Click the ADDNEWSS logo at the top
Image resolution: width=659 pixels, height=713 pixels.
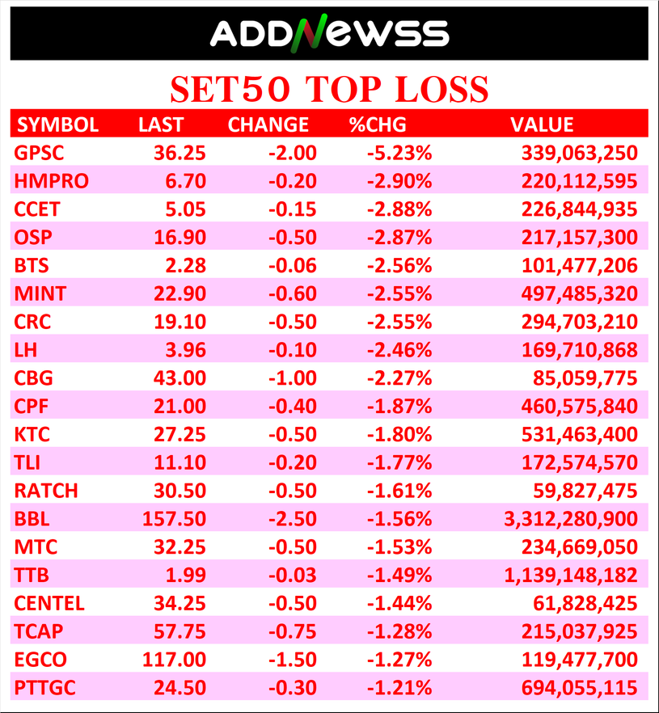click(x=329, y=33)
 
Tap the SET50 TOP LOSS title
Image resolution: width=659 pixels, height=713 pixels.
click(x=329, y=88)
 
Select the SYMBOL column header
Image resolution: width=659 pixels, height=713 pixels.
click(x=58, y=124)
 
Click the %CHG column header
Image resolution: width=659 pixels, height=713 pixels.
click(x=377, y=124)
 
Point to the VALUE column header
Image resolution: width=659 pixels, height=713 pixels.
click(x=542, y=124)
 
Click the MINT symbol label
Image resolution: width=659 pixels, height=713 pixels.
click(x=40, y=293)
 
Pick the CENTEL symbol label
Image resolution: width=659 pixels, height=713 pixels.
click(x=49, y=603)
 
